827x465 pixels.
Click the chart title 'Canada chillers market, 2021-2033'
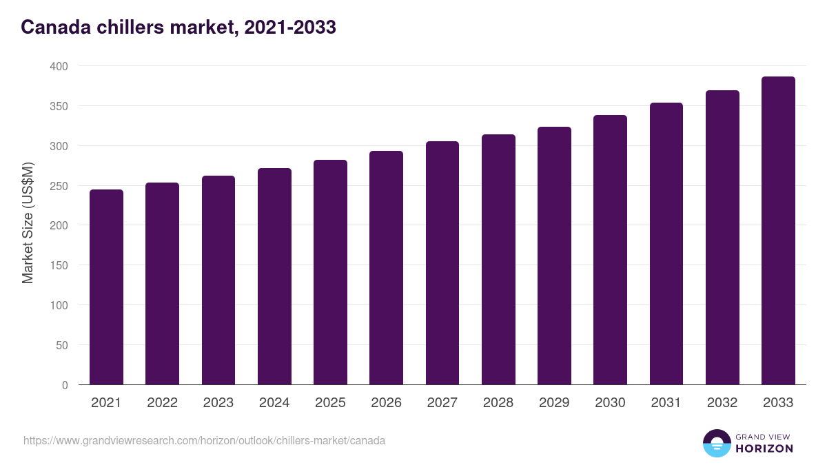tap(178, 28)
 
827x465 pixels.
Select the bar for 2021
tap(106, 287)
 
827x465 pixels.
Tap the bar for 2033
tap(778, 231)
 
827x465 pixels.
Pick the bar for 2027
tap(442, 263)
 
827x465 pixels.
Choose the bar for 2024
tap(274, 276)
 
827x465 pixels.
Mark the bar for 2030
tap(610, 250)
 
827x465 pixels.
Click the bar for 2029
tap(554, 256)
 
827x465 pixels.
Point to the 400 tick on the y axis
tap(59, 66)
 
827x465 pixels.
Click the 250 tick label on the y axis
tap(59, 186)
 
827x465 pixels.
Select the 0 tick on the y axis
tap(65, 385)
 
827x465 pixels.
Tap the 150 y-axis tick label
tap(59, 265)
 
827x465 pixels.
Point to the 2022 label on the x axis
tap(162, 403)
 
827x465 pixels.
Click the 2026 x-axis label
tap(386, 403)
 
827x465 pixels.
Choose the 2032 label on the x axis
tap(722, 403)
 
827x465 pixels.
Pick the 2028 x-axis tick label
tap(498, 403)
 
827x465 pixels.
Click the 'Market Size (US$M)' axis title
tap(28, 223)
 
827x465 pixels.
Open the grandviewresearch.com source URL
tap(204, 440)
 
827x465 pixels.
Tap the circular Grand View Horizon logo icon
tap(717, 443)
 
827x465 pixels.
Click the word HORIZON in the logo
tap(764, 448)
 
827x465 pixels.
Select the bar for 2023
tap(218, 280)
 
